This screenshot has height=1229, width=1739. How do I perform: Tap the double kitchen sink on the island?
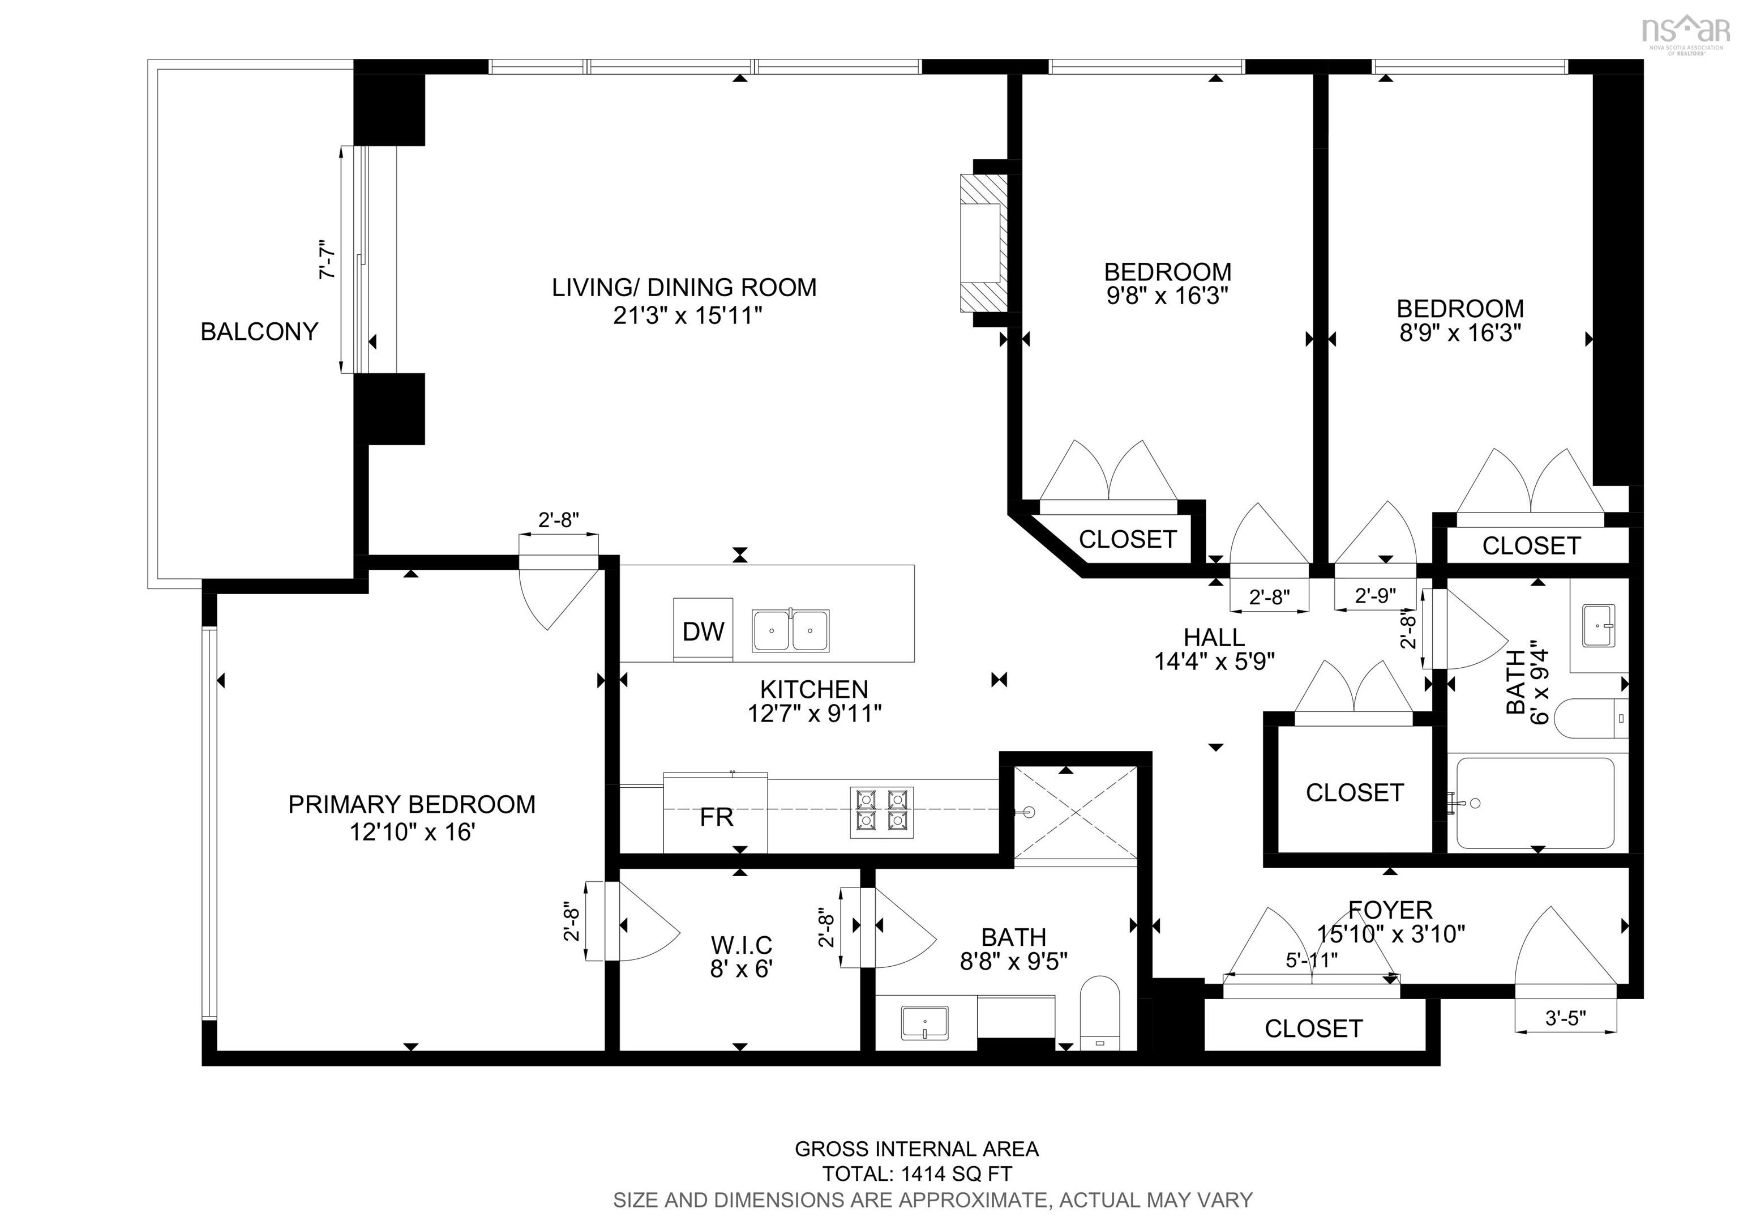[x=790, y=630]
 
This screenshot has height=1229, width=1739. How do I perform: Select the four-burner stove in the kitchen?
[x=881, y=812]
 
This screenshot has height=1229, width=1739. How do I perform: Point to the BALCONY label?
[x=259, y=332]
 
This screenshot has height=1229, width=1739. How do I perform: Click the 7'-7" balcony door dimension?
[x=328, y=261]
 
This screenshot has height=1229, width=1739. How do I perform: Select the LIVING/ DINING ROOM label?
[x=684, y=288]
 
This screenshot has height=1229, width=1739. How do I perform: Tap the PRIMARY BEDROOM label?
[x=412, y=804]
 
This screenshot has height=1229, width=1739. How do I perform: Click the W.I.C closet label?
[x=741, y=945]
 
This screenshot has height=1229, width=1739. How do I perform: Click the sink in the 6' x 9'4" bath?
[x=1598, y=625]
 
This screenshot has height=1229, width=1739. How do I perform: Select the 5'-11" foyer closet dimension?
[x=1312, y=960]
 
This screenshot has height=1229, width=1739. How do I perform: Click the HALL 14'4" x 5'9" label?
[x=1214, y=648]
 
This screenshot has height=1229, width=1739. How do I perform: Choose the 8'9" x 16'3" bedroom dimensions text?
[x=1459, y=332]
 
